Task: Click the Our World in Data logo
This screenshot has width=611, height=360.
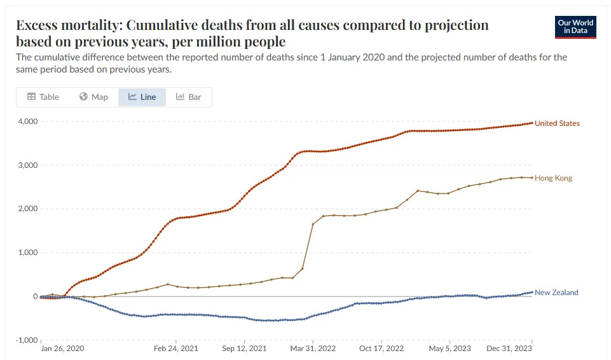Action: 575,26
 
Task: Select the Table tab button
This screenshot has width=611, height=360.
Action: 43,97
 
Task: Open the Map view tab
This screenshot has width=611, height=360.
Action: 93,97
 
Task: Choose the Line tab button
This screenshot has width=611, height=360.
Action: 142,97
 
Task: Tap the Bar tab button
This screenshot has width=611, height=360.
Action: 188,97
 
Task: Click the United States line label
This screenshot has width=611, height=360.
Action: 557,123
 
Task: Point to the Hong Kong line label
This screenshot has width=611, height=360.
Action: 553,178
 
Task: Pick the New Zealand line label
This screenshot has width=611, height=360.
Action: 556,293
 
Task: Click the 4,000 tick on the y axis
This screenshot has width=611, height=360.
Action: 27,121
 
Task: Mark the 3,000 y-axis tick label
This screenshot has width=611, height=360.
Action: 27,165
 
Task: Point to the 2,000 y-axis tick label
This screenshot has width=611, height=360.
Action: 27,209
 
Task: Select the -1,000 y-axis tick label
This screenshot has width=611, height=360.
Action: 26,340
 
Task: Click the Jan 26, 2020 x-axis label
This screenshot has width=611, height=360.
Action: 62,349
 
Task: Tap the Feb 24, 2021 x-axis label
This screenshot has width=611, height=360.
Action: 176,349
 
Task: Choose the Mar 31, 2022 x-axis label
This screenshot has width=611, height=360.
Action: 312,349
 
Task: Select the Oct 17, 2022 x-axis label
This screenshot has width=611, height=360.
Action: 381,349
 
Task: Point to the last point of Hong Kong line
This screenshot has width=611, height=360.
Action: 532,177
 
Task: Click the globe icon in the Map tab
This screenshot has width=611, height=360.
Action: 83,97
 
